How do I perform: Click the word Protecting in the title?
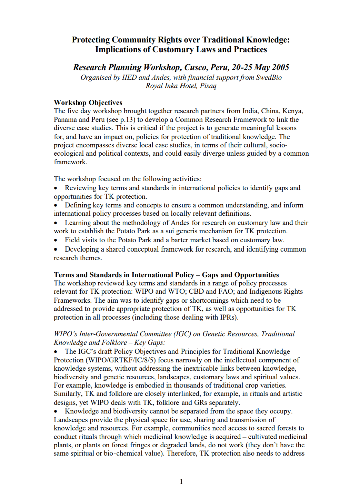click(x=91, y=40)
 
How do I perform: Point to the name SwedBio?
click(x=269, y=77)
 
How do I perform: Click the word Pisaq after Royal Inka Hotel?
click(x=208, y=86)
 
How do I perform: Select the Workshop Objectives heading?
click(x=88, y=103)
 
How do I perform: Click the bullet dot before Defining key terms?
click(x=56, y=206)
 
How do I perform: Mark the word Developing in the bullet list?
click(x=82, y=249)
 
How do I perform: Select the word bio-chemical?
click(x=123, y=454)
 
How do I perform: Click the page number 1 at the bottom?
click(x=181, y=481)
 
